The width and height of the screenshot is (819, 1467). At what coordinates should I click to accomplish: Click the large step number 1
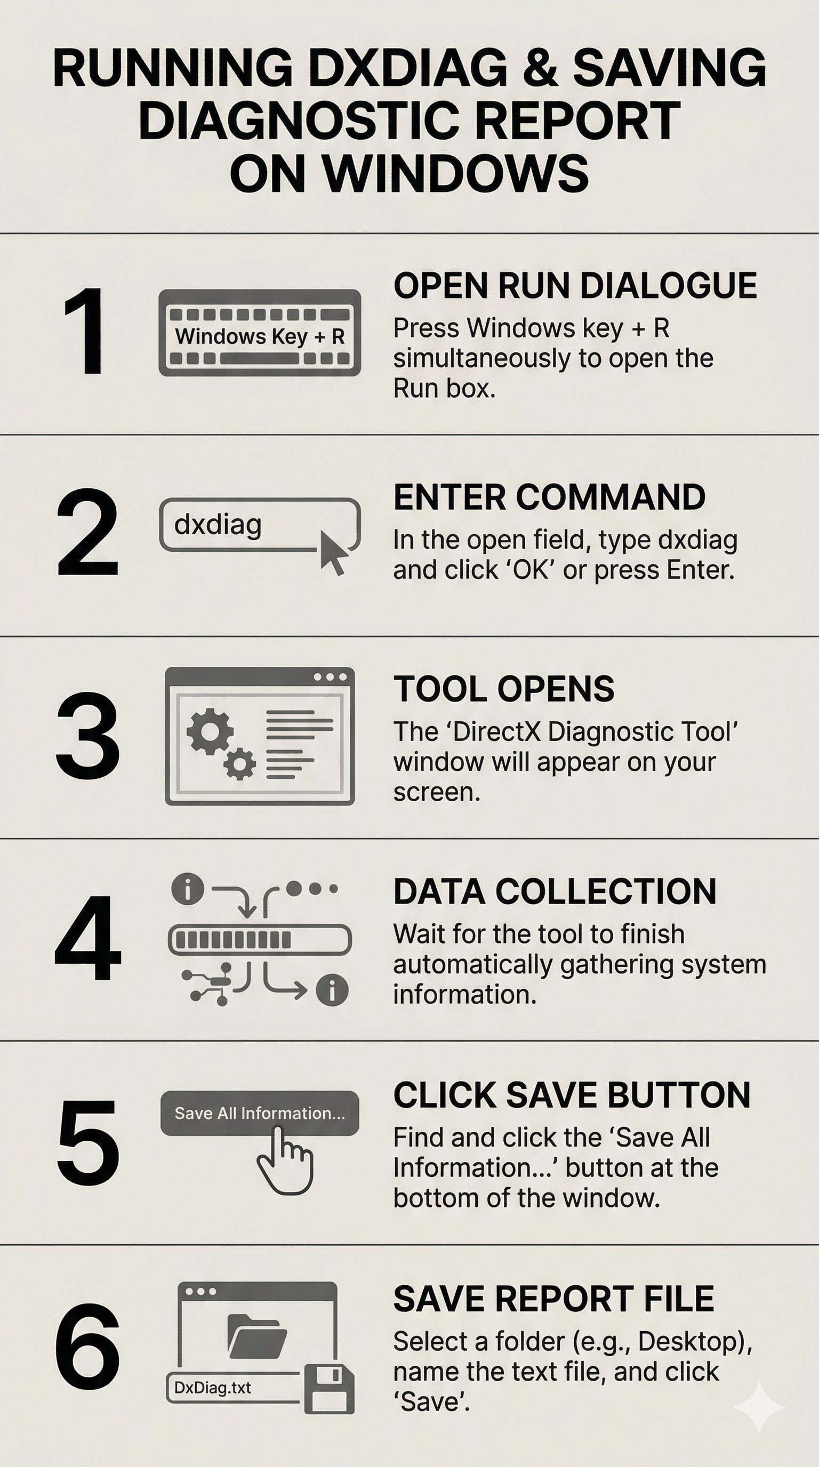point(85,332)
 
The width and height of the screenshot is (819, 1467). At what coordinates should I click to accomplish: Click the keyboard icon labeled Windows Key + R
point(260,333)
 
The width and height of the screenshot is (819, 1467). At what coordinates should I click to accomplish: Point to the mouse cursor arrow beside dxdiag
point(333,552)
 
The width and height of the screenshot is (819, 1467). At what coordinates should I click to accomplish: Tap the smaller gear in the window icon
point(239,764)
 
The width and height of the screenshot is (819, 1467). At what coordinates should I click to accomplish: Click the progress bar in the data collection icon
point(260,940)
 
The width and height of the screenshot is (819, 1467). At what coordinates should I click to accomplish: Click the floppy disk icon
point(329,1389)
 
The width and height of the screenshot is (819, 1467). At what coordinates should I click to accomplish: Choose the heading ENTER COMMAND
point(550,497)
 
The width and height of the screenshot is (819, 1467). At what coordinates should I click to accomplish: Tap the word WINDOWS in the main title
point(456,173)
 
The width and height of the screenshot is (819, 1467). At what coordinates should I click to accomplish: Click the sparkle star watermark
point(759,1407)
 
